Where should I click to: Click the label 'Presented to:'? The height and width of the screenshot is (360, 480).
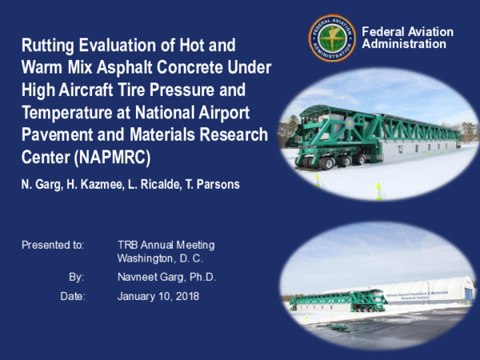click(52, 245)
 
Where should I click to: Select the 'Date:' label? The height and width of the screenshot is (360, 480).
click(72, 296)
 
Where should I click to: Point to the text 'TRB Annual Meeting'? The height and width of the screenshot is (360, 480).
click(166, 245)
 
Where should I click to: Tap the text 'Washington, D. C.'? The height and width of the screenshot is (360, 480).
click(160, 258)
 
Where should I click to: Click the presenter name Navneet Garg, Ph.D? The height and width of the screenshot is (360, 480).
click(166, 277)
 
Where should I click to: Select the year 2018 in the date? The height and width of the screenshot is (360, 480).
click(186, 296)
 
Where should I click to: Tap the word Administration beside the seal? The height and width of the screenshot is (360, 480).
click(404, 44)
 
